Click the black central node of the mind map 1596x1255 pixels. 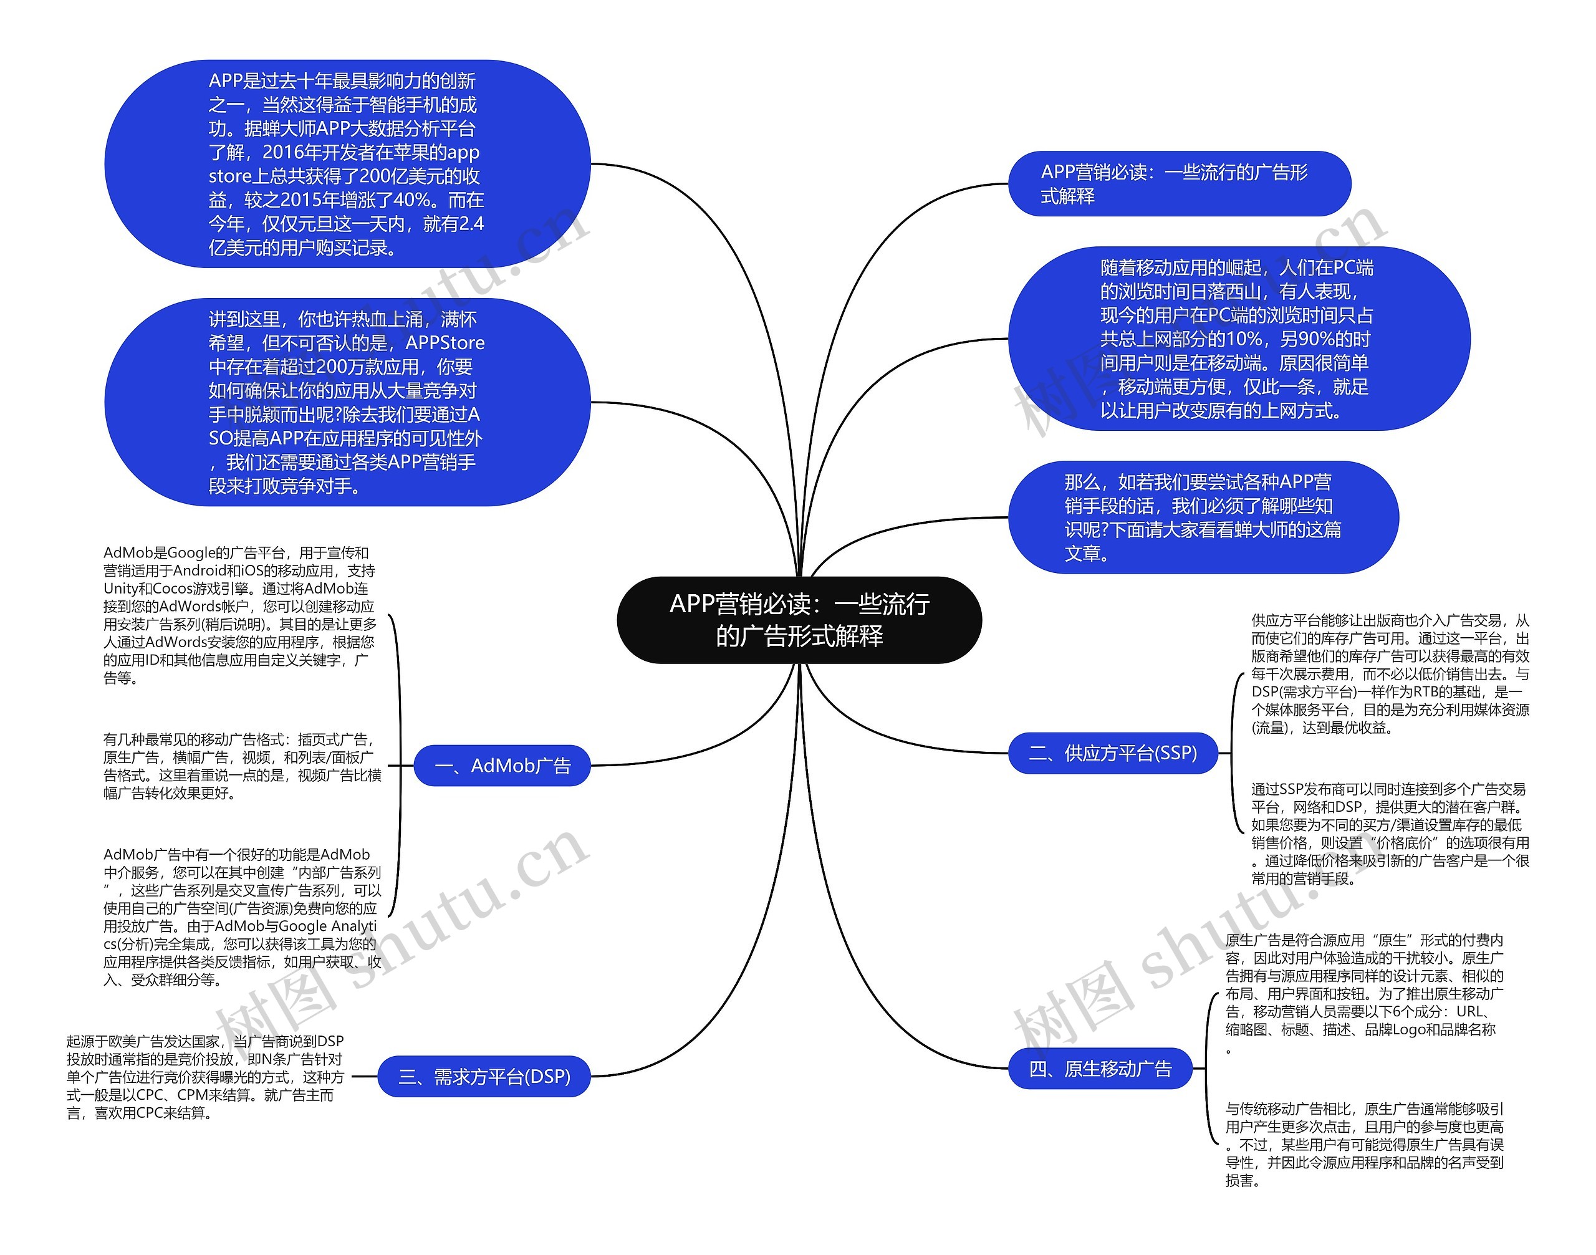point(799,620)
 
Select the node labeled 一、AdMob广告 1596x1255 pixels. point(502,766)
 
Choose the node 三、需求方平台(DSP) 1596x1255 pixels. point(484,1077)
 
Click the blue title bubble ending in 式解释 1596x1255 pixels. point(1179,184)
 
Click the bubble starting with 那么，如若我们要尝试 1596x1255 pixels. point(1202,517)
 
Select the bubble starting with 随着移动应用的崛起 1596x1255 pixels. point(1238,339)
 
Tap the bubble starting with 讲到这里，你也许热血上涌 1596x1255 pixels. point(347,402)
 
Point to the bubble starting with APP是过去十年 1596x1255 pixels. point(347,164)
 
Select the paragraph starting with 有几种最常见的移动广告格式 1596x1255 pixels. point(242,766)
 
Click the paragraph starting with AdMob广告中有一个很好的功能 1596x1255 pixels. point(242,916)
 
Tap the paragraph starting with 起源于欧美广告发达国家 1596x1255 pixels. point(205,1077)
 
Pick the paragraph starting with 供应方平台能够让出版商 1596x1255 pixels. point(1390,674)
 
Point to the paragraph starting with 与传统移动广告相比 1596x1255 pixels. point(1364,1144)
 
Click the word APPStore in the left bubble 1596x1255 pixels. point(445,343)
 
